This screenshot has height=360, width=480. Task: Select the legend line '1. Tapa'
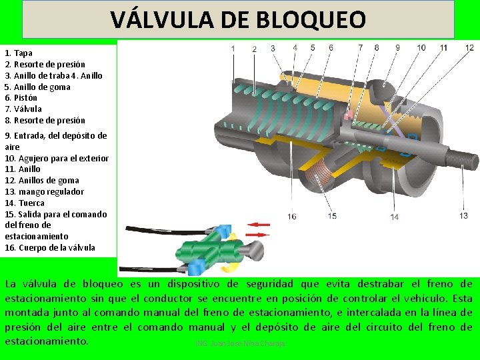[19, 53]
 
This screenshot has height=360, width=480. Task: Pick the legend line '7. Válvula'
[23, 109]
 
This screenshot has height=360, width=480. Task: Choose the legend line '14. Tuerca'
[25, 203]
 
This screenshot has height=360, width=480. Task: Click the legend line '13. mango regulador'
[45, 191]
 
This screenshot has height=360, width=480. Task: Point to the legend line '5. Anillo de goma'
[37, 87]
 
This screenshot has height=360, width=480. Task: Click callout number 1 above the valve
[233, 48]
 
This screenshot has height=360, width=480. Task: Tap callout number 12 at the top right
[469, 47]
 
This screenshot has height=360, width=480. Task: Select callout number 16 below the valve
[292, 216]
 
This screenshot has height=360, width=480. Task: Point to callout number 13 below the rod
[463, 215]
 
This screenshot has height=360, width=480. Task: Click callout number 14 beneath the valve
[395, 217]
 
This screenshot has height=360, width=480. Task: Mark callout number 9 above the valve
[398, 47]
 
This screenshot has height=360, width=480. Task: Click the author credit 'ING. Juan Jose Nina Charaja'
[240, 343]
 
